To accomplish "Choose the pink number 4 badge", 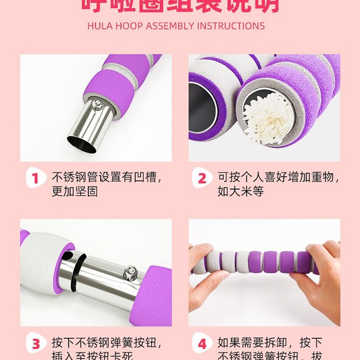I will tap(202, 344).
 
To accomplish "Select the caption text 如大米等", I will tap(241, 191).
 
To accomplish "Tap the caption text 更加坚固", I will tap(75, 191).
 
